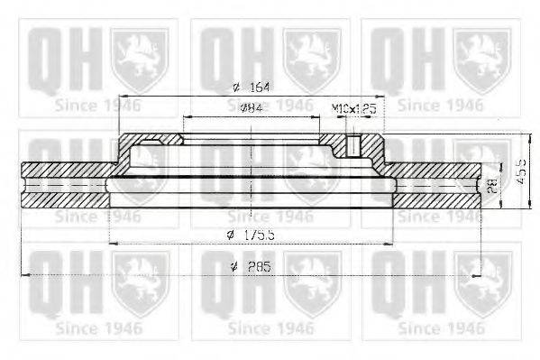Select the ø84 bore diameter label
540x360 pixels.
(252, 108)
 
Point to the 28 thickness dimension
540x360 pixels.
(492, 186)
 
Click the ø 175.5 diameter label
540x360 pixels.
(252, 235)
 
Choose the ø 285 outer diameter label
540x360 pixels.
(252, 267)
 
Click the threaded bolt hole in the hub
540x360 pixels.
(354, 144)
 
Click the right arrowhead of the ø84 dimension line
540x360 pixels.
(316, 116)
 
